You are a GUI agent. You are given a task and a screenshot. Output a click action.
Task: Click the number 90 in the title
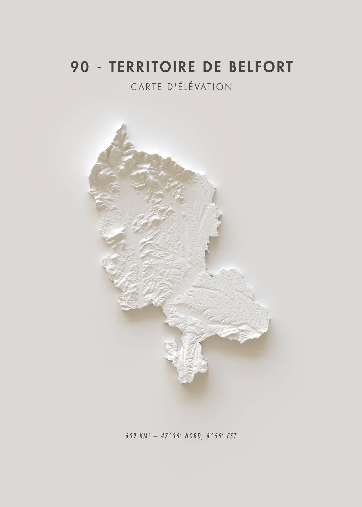pos(80,67)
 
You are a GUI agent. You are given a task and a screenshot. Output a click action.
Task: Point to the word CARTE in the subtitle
pos(146,87)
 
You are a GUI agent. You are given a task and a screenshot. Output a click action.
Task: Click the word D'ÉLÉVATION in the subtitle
pos(199,87)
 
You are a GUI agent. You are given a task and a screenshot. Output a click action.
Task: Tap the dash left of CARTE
pos(123,87)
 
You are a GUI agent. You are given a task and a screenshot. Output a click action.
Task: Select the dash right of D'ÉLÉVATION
pos(239,87)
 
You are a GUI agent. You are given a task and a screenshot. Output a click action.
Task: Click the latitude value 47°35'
pos(170,436)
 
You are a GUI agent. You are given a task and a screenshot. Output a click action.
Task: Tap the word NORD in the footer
pos(192,436)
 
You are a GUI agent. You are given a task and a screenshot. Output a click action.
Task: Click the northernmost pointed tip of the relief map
pos(123,125)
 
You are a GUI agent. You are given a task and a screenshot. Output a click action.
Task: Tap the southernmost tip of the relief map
pos(188,383)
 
